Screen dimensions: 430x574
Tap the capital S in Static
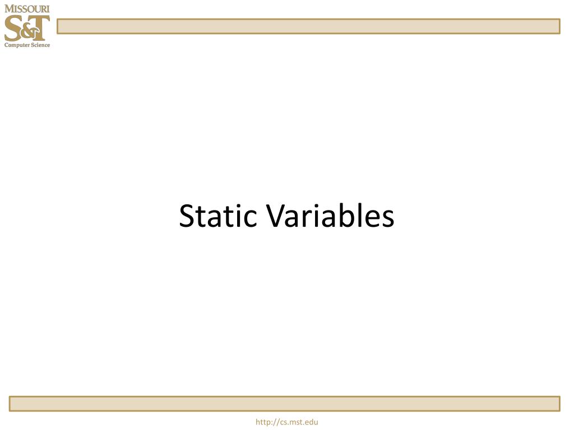pyautogui.click(x=187, y=217)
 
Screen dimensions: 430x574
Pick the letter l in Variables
pyautogui.click(x=362, y=216)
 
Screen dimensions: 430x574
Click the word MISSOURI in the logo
pyautogui.click(x=27, y=8)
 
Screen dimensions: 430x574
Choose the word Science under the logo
pyautogui.click(x=40, y=45)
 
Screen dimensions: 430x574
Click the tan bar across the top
pyautogui.click(x=308, y=26)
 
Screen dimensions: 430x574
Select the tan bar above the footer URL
pyautogui.click(x=285, y=404)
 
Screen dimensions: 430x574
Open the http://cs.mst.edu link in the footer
pyautogui.click(x=287, y=422)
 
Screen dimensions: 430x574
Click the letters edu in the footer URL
pyautogui.click(x=311, y=422)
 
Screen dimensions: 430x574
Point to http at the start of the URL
pyautogui.click(x=263, y=422)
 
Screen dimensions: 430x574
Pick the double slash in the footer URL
pyautogui.click(x=275, y=422)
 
